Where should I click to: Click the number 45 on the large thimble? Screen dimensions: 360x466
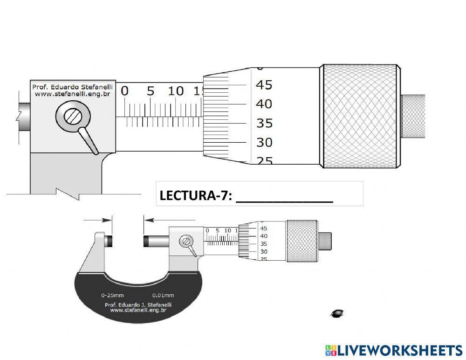point(264,85)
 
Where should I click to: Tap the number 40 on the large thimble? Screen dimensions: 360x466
point(264,104)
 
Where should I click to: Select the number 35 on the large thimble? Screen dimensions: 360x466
point(264,123)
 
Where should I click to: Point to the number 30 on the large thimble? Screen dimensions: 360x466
point(264,142)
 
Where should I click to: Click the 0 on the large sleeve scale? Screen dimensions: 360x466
point(124,91)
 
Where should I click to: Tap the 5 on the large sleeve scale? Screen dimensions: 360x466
point(150,91)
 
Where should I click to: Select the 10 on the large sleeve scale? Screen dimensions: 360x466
point(176,91)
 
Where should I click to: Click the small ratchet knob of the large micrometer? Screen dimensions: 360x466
point(413,116)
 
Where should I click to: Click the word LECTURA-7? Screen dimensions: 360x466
point(195,196)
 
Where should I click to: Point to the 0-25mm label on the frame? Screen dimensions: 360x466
point(112,295)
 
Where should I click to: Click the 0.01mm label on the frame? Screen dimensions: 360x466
point(163,295)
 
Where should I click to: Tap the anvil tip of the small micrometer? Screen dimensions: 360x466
point(110,241)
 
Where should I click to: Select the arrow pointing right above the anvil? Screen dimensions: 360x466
point(98,220)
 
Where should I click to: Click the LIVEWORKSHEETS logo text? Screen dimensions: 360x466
point(399,350)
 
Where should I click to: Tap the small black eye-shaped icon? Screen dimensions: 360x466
point(337,313)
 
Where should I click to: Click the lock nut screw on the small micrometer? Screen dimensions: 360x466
point(186,241)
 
